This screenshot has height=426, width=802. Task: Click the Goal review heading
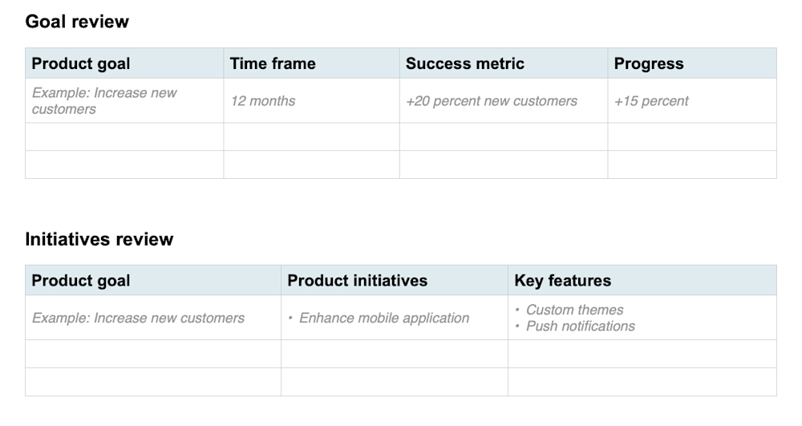tap(77, 22)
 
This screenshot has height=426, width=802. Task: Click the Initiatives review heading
tap(99, 239)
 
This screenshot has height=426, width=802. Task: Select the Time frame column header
tap(273, 64)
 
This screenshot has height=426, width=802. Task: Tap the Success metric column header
tap(464, 64)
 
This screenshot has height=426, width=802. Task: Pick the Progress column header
tap(649, 64)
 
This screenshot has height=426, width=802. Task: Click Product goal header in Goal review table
tap(80, 64)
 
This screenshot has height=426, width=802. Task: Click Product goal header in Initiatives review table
tap(80, 281)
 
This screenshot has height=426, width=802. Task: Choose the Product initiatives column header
tap(357, 281)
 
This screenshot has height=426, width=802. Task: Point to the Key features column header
tap(562, 281)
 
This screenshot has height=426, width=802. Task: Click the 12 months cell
tap(263, 101)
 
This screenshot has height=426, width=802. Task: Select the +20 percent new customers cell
tap(491, 101)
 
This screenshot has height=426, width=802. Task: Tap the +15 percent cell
tap(651, 101)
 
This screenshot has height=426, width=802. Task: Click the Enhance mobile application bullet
tap(383, 318)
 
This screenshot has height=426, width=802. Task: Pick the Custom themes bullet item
tap(574, 310)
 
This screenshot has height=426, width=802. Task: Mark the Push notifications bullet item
tap(580, 327)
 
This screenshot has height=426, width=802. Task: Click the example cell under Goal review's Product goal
tap(104, 101)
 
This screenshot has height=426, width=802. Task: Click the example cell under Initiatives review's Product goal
tap(138, 318)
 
